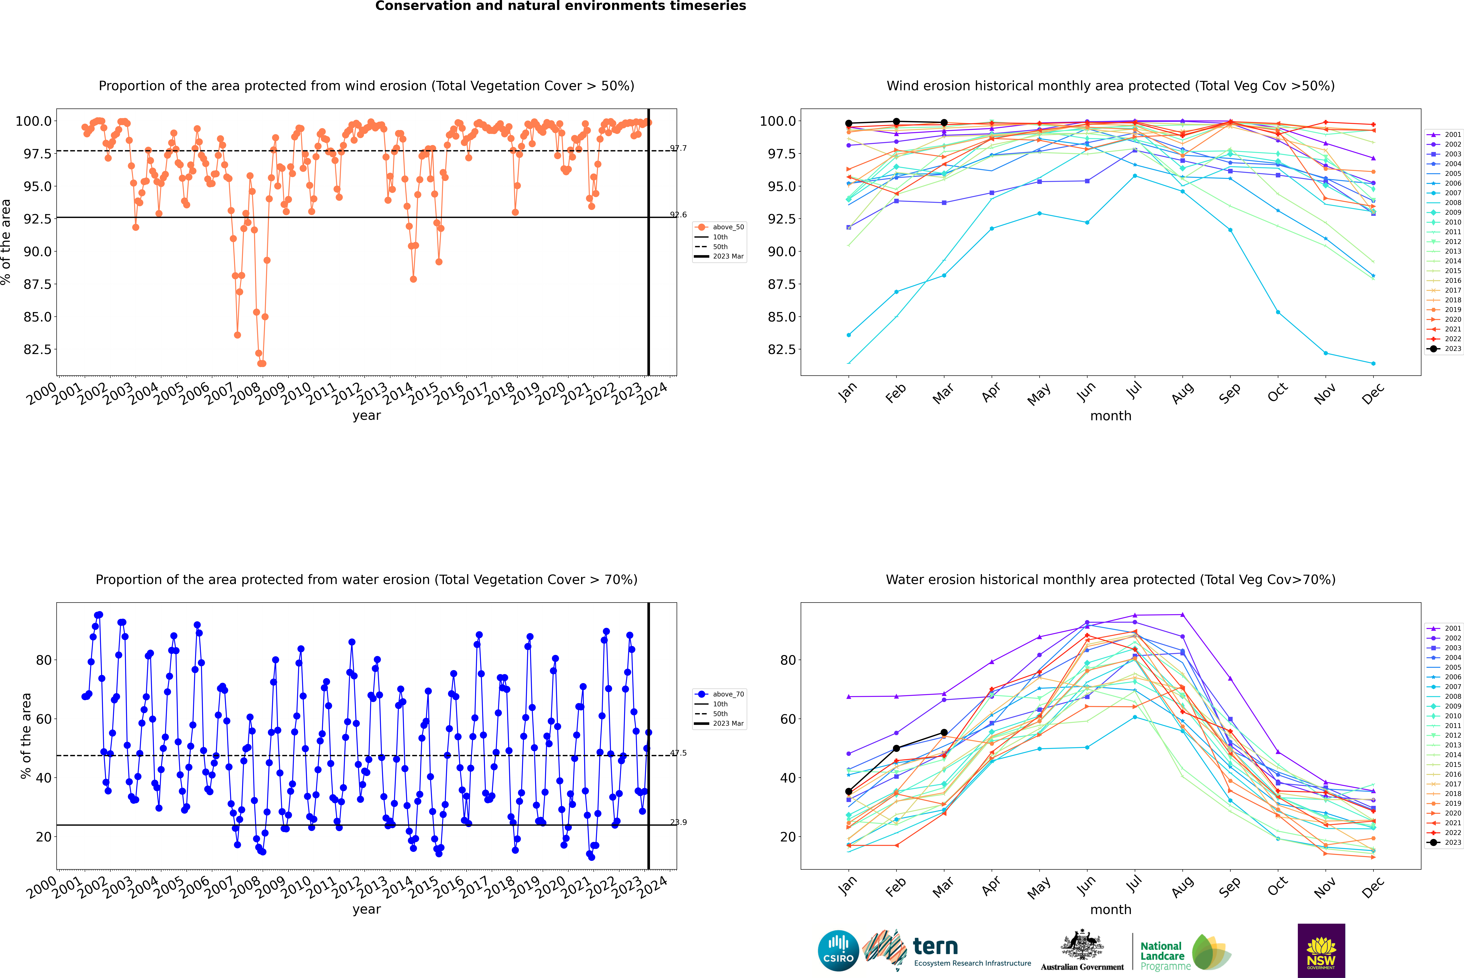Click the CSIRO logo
(x=838, y=951)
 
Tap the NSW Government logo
(x=1321, y=951)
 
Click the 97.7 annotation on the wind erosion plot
(x=678, y=148)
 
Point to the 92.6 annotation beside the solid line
(x=678, y=215)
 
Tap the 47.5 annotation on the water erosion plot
(x=678, y=753)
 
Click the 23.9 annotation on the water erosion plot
(x=678, y=822)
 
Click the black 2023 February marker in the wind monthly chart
(x=896, y=122)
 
